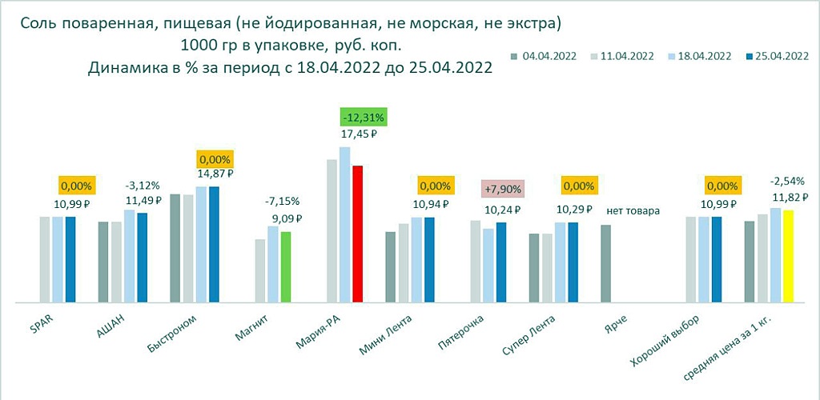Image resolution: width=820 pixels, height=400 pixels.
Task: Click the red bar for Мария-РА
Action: (357, 234)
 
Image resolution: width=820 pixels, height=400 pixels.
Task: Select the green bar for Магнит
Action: (286, 266)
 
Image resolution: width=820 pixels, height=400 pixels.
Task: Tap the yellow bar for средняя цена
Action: (788, 256)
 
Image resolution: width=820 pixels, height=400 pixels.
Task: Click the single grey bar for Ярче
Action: (606, 263)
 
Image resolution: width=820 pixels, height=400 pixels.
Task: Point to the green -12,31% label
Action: (364, 117)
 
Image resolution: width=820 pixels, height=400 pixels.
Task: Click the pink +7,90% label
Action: (502, 190)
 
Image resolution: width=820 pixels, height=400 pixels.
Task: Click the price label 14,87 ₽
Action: (214, 173)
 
